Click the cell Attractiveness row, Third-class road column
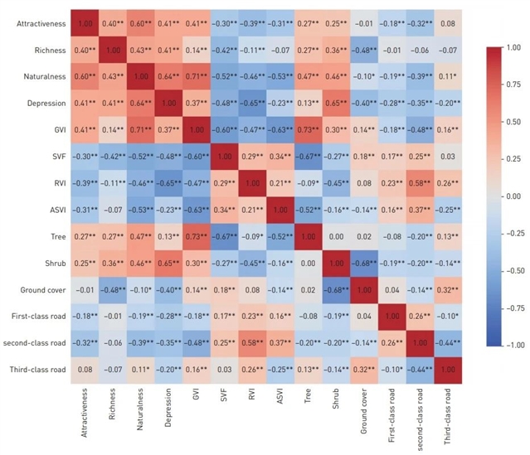446,24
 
